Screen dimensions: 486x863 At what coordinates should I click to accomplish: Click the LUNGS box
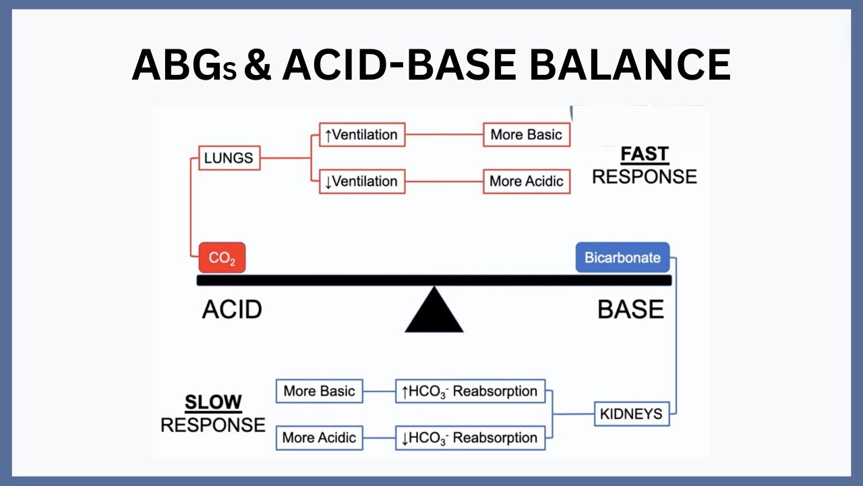coord(229,158)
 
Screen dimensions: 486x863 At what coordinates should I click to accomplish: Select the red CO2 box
coord(222,258)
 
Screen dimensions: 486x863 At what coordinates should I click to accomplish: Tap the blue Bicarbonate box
coord(622,258)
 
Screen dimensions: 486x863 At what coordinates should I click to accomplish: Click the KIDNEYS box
coord(632,413)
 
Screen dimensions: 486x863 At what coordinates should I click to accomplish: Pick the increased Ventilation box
coord(361,134)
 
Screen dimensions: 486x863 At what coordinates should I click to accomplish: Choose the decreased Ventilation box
coord(361,181)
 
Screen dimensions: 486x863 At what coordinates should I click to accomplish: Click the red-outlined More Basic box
coord(526,134)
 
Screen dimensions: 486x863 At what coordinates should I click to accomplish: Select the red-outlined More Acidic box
coord(526,181)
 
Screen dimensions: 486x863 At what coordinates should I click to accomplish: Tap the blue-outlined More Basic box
coord(319,391)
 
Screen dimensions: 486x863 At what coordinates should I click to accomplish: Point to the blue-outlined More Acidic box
coord(319,437)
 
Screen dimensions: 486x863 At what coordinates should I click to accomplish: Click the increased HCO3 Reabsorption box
coord(470,391)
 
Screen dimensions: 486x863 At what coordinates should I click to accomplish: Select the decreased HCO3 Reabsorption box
coord(470,437)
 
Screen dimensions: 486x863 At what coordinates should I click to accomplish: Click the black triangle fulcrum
coord(434,314)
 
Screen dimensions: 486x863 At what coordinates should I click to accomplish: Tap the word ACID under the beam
coord(232,310)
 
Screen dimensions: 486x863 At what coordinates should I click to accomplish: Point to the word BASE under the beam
coord(630,310)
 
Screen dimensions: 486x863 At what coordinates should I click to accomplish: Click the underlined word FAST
coord(644,154)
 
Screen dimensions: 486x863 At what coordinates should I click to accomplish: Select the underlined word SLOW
coord(213,402)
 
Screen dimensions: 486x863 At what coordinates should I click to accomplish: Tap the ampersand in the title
coord(258,65)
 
